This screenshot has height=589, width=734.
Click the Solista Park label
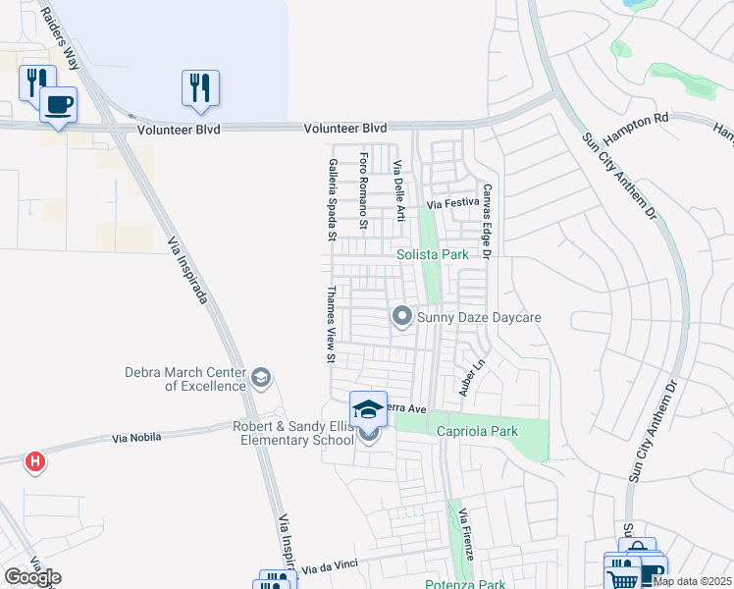click(x=433, y=255)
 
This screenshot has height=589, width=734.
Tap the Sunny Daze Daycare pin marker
click(x=401, y=316)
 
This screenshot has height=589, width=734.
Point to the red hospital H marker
click(x=35, y=461)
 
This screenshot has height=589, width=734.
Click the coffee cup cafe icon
click(x=58, y=104)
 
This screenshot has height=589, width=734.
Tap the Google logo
click(x=31, y=577)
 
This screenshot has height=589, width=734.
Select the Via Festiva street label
click(x=450, y=204)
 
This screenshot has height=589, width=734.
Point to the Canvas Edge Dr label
click(x=485, y=222)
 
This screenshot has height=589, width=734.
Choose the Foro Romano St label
click(x=364, y=190)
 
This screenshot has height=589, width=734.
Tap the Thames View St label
click(x=332, y=325)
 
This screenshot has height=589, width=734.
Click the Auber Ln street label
click(x=473, y=377)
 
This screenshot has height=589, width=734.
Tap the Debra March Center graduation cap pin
click(x=261, y=377)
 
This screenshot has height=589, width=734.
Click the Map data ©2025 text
click(x=692, y=581)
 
